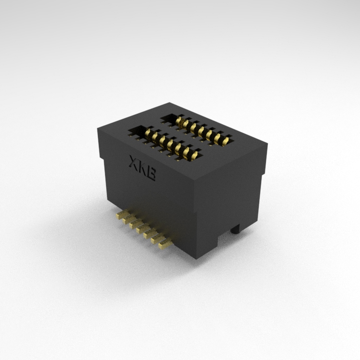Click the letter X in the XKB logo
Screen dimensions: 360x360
(133, 162)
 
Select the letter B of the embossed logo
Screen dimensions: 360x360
(151, 174)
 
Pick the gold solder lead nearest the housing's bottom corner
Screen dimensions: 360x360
(165, 243)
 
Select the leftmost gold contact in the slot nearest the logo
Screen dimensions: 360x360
(148, 132)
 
